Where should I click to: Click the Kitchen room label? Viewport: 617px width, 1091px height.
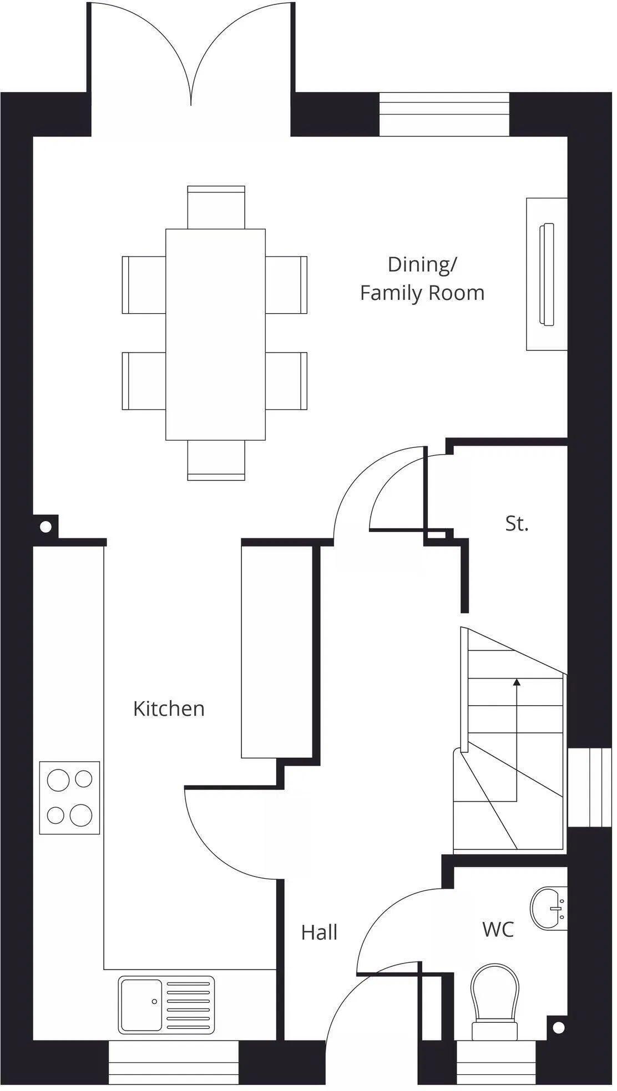(169, 708)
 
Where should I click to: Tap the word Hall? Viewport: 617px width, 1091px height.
(319, 932)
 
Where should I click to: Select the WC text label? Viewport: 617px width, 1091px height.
(498, 929)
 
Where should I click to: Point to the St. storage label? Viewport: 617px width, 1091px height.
(517, 523)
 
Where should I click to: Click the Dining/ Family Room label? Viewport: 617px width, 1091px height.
(422, 278)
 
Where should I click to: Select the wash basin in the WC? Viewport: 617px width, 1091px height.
(549, 908)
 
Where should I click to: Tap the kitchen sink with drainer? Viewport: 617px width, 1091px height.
(166, 997)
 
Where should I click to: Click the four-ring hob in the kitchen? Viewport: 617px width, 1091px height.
(69, 798)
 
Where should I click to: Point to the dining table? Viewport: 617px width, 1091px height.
(215, 334)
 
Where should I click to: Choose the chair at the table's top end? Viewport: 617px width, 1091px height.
(216, 207)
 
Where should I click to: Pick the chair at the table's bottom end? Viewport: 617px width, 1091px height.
(216, 460)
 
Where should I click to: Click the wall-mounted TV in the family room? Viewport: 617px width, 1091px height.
(547, 274)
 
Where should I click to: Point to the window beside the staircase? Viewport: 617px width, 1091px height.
(589, 787)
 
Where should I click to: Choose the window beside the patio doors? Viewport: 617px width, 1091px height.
(444, 114)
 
